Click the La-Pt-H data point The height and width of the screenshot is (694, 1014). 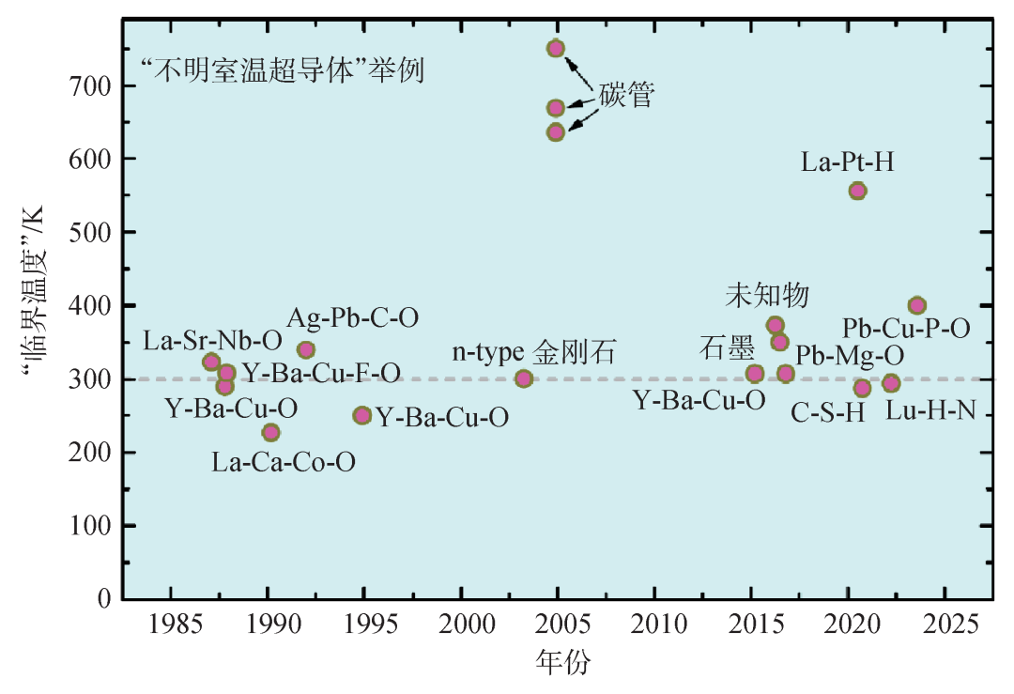coord(857,191)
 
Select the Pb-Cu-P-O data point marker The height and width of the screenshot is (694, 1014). coord(917,305)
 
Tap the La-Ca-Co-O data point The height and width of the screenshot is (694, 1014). coord(270,432)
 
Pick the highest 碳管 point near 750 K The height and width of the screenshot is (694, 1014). coord(555,49)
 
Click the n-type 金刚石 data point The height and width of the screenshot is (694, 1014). coord(524,378)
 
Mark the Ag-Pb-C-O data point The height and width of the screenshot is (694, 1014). coord(305,350)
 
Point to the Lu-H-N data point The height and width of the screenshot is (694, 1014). coord(891,383)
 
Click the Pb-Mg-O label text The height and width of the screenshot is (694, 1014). coord(850,356)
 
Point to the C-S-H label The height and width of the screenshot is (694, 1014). coord(827,413)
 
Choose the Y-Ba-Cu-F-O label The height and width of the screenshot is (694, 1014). coord(321,374)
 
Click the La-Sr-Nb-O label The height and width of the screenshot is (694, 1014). coord(212,339)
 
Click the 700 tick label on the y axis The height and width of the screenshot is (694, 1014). coord(93,86)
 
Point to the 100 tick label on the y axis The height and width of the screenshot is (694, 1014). coord(93,526)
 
